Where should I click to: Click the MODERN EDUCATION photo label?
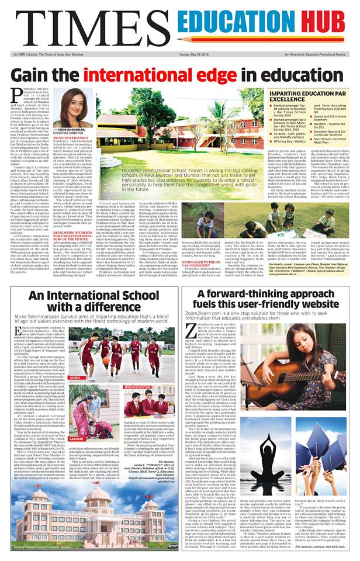tap(137, 387)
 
